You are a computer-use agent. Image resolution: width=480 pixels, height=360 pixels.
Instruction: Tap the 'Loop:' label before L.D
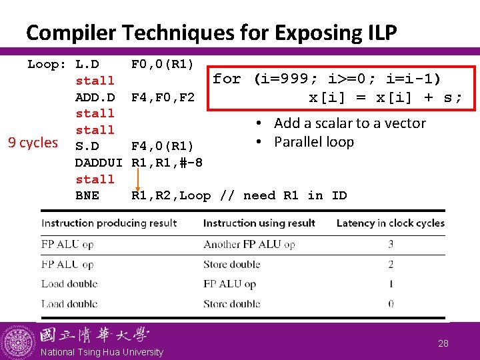(x=47, y=65)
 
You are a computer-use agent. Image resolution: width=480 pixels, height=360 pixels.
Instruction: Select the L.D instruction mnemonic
(x=87, y=65)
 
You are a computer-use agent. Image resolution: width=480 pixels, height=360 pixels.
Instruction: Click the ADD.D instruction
(x=95, y=97)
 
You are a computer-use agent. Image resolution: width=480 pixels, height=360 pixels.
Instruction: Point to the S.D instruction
(x=87, y=146)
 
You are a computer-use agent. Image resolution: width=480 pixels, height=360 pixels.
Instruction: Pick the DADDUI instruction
(x=99, y=163)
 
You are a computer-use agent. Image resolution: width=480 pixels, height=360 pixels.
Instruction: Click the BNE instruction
(x=87, y=195)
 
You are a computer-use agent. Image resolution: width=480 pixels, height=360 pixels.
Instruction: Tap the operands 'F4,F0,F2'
(x=163, y=97)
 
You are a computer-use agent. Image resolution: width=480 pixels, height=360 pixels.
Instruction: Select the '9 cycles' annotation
(x=32, y=143)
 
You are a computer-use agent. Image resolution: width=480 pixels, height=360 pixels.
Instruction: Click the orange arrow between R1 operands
(x=137, y=179)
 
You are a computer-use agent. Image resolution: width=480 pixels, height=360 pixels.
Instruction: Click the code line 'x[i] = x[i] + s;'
(x=385, y=97)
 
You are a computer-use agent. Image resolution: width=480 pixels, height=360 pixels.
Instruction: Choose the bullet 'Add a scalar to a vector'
(x=349, y=123)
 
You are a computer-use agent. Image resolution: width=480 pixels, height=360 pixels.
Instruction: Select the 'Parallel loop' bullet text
(x=313, y=142)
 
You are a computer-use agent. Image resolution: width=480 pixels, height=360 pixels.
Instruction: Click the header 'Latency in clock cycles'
(x=390, y=223)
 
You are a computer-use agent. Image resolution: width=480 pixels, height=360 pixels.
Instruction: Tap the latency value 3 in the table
(x=391, y=244)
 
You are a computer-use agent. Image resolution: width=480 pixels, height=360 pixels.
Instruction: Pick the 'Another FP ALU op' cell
(x=249, y=244)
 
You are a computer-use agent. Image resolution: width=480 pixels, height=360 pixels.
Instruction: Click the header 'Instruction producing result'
(x=109, y=223)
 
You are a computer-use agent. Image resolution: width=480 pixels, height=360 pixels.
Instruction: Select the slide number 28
(x=443, y=343)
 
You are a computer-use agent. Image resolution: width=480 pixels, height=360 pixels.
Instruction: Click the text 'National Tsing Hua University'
(x=101, y=352)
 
